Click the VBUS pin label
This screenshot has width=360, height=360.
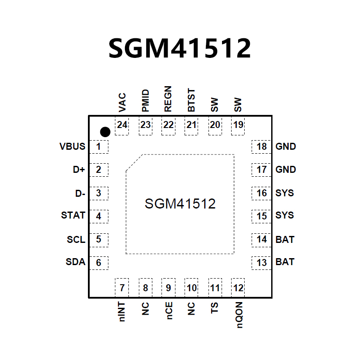[72, 146]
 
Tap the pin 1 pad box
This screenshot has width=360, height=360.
[99, 147]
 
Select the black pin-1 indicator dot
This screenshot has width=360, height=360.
[105, 131]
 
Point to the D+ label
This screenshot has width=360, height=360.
[79, 170]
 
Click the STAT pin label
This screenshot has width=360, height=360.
[73, 215]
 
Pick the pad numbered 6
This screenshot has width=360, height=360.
[99, 262]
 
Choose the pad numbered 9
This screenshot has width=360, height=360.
[168, 288]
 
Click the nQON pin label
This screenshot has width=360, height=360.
[239, 315]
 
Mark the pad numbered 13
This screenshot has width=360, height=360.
[262, 262]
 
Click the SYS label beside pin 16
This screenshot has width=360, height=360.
[285, 193]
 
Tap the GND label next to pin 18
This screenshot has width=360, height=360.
[286, 146]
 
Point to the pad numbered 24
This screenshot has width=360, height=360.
[122, 125]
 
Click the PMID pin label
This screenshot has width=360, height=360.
[145, 101]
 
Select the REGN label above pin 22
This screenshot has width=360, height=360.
[168, 100]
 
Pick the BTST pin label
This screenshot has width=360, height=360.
[192, 101]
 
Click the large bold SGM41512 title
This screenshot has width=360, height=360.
[180, 48]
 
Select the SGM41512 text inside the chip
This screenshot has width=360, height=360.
[180, 203]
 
